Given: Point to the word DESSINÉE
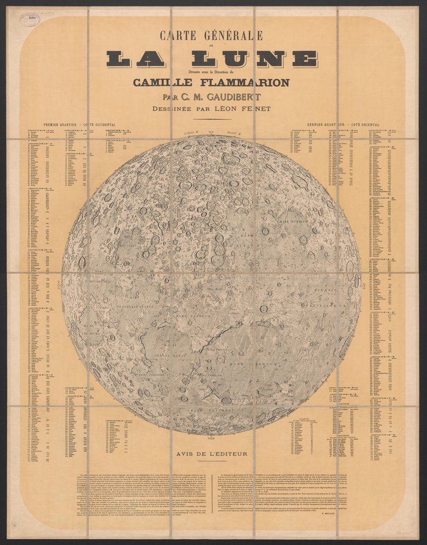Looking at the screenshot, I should [180, 109].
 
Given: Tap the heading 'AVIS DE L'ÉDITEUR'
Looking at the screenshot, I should [211, 453].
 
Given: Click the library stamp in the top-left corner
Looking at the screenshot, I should [29, 20].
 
